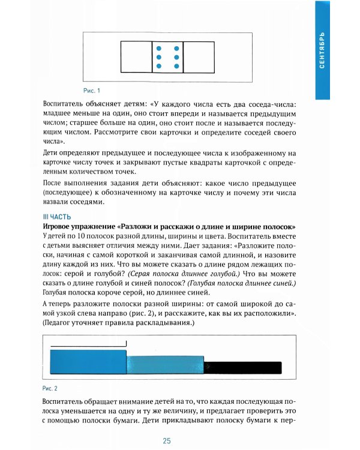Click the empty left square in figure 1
(x=136, y=56)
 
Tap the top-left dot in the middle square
(x=158, y=48)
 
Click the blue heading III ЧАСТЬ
(x=57, y=217)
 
